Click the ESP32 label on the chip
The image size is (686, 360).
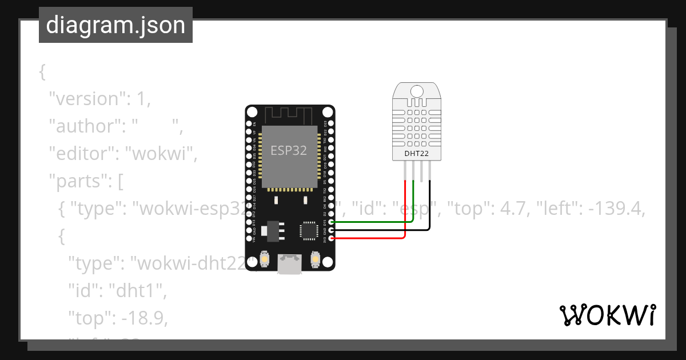click(289, 151)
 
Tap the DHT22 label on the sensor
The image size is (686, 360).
click(416, 153)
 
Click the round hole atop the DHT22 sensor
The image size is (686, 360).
click(416, 91)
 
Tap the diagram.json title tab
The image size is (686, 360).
click(115, 25)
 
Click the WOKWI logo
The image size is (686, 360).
click(607, 315)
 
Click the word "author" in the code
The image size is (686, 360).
click(80, 126)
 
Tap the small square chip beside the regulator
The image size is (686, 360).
click(309, 230)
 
